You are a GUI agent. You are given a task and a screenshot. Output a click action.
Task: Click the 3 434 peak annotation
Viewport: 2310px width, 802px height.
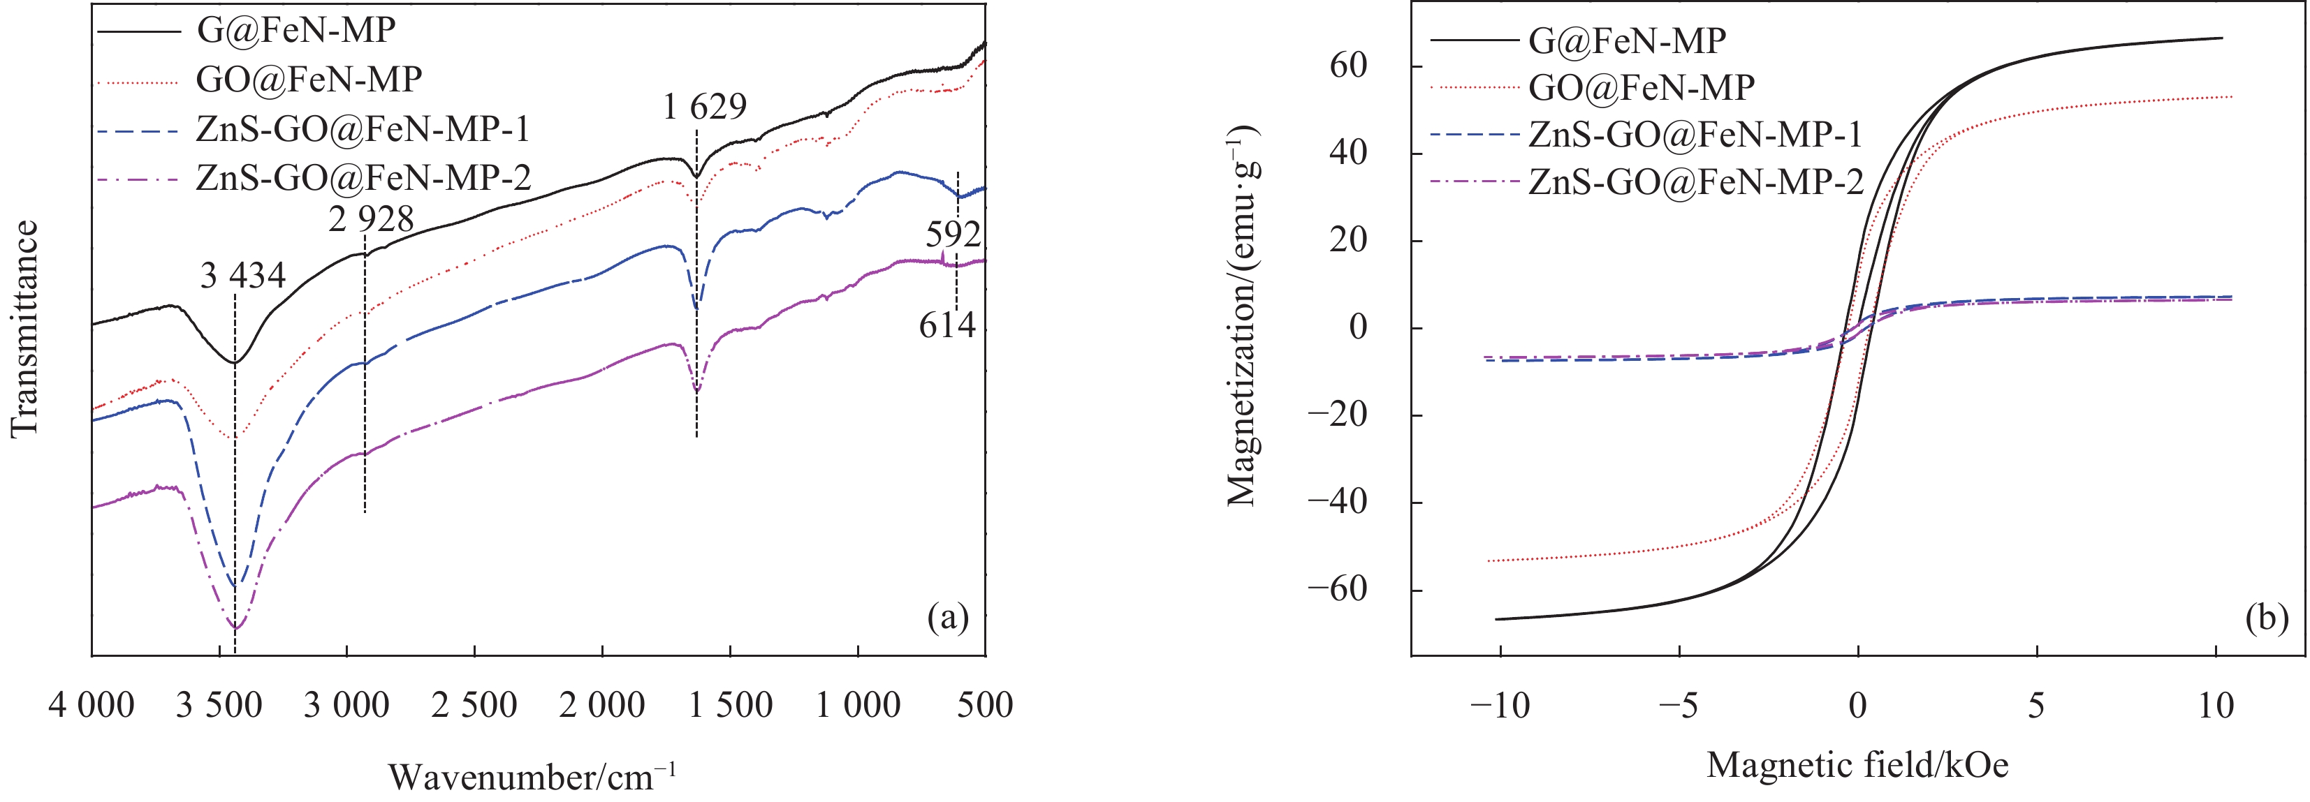click(242, 275)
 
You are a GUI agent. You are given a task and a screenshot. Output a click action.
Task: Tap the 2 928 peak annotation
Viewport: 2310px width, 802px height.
click(370, 218)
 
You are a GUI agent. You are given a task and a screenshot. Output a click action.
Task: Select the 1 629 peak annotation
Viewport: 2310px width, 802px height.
click(705, 107)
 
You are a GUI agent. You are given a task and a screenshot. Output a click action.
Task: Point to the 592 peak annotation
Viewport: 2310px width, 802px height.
click(953, 235)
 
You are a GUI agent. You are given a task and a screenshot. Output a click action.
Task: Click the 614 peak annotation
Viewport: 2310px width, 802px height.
click(947, 325)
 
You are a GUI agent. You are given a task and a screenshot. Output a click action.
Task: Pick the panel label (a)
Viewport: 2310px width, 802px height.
click(949, 618)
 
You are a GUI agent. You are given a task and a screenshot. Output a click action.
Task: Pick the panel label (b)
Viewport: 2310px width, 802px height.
click(2267, 618)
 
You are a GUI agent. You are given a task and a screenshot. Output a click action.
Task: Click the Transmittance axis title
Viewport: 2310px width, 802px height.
click(25, 329)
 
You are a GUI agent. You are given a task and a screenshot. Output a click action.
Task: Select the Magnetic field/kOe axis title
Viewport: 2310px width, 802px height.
click(1857, 764)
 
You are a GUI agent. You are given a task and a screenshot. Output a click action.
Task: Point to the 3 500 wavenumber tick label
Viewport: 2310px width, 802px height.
click(219, 705)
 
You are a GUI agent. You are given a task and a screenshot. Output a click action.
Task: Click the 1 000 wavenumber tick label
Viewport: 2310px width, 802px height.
click(858, 705)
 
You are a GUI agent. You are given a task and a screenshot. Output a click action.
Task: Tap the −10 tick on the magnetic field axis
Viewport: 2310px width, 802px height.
click(1499, 705)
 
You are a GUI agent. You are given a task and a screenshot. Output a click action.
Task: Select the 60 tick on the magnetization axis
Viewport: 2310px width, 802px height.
click(1349, 66)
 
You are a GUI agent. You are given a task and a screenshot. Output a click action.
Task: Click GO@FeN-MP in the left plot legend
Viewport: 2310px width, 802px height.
click(309, 80)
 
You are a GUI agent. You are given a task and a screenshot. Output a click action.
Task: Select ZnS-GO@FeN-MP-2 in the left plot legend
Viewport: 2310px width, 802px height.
click(363, 177)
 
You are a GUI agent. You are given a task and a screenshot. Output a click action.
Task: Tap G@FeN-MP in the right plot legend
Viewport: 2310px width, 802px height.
click(1627, 40)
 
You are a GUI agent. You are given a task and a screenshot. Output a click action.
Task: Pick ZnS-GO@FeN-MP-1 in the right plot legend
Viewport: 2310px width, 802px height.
click(1695, 135)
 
